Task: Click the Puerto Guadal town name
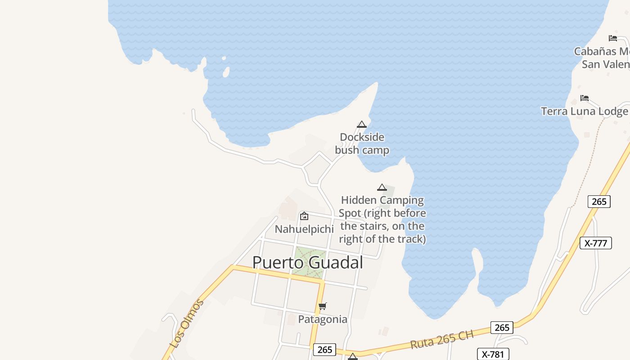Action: pos(307,262)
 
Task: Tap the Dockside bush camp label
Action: pos(362,144)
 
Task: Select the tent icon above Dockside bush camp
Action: pos(362,124)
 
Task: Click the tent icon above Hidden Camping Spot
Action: pos(382,187)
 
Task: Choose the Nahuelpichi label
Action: pos(304,229)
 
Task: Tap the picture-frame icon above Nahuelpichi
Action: pos(304,216)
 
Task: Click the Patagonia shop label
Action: pos(323,319)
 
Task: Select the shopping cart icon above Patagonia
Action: pos(323,306)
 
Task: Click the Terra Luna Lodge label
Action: pos(584,111)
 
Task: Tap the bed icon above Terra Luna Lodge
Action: pos(585,98)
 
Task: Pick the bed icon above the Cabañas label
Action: pos(613,38)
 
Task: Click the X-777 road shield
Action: pos(596,243)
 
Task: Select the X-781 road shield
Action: pos(493,354)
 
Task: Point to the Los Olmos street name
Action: pos(187,323)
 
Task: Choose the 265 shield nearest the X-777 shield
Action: pos(599,201)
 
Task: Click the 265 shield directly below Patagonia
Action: pos(324,350)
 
